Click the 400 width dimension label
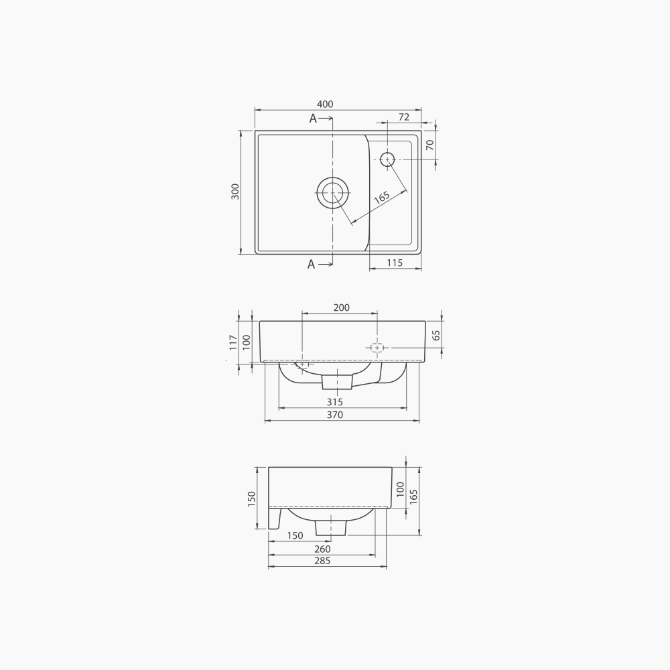(x=325, y=104)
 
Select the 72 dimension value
(x=403, y=117)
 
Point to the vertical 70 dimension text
(x=429, y=144)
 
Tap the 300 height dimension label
(x=234, y=192)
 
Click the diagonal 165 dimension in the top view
(x=381, y=198)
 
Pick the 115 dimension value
(x=395, y=263)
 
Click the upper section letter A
(x=313, y=119)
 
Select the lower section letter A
(x=311, y=265)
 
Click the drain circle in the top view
(x=332, y=193)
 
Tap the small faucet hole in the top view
(x=387, y=159)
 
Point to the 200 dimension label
(x=341, y=308)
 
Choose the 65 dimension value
(x=436, y=335)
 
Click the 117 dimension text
(x=233, y=342)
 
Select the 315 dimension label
(x=335, y=402)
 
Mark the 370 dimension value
(x=335, y=415)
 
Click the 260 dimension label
(x=322, y=549)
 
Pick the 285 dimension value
(x=322, y=561)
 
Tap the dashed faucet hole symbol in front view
(x=377, y=348)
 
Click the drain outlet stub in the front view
(x=337, y=381)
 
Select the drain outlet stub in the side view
(x=331, y=527)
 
